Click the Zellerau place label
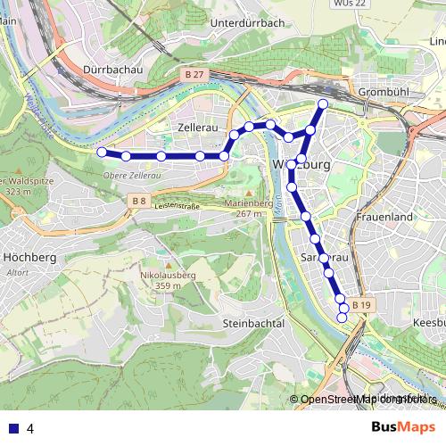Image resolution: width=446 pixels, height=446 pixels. pos(198,128)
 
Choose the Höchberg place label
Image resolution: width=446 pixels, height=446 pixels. pos(30,257)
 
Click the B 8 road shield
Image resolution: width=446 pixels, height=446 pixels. pos(138,202)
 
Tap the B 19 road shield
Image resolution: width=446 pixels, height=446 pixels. pos(360,305)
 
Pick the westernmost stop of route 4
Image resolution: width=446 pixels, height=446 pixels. pos(102,153)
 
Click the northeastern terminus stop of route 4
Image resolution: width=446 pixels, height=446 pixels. pos(323,104)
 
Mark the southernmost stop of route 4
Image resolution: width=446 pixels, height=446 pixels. pos(342,318)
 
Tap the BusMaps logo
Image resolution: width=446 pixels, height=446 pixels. pos(403,427)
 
